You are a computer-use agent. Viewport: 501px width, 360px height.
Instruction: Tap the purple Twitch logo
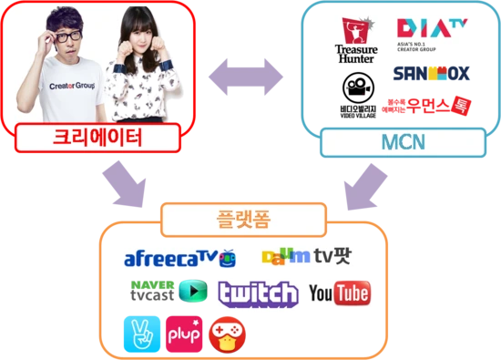[258, 293]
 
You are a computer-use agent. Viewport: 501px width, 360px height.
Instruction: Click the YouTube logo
[339, 293]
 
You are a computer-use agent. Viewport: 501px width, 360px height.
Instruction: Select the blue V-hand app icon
[141, 334]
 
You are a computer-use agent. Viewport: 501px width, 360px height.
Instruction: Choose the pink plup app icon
[185, 334]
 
